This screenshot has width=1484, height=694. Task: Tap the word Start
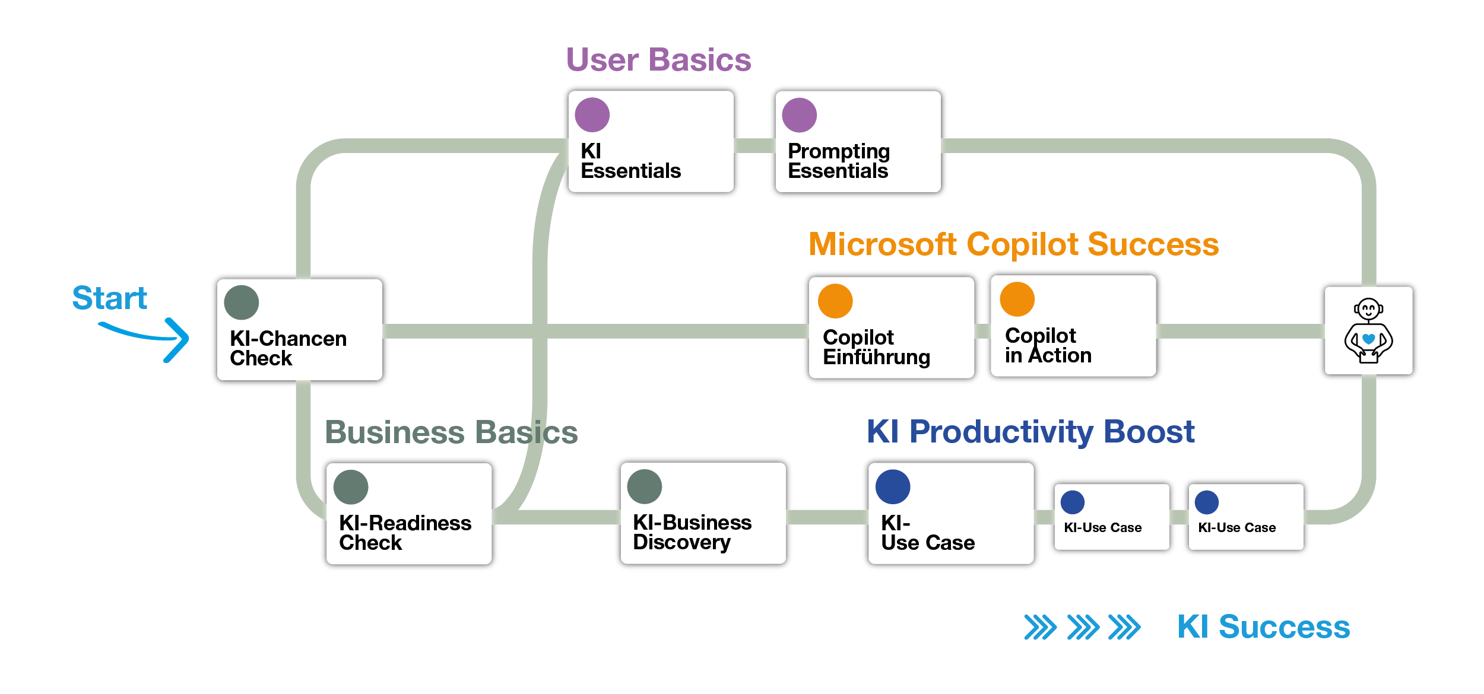(109, 298)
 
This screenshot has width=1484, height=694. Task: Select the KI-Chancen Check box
(299, 330)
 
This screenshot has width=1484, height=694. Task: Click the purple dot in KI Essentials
(592, 115)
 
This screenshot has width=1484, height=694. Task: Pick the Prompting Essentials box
(857, 142)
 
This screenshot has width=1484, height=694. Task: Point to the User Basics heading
(658, 60)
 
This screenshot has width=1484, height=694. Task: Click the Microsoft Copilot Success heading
(1013, 244)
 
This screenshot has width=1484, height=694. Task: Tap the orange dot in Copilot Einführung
(835, 301)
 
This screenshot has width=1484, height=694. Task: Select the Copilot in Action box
(1073, 327)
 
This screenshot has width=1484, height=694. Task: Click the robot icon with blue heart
(1368, 331)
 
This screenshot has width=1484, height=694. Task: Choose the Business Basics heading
(451, 432)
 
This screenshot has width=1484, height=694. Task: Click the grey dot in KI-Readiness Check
(350, 488)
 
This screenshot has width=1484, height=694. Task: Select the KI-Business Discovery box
(703, 514)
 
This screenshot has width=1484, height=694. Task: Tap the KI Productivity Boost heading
(1030, 431)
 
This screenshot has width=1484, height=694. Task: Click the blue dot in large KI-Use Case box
(892, 487)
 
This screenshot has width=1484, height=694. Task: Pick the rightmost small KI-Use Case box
(1245, 517)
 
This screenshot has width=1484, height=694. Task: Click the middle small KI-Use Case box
(1111, 517)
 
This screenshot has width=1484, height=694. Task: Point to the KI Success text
(1263, 627)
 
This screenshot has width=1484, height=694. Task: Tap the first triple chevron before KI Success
(1040, 628)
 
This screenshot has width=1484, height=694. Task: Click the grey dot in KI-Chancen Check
(241, 303)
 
